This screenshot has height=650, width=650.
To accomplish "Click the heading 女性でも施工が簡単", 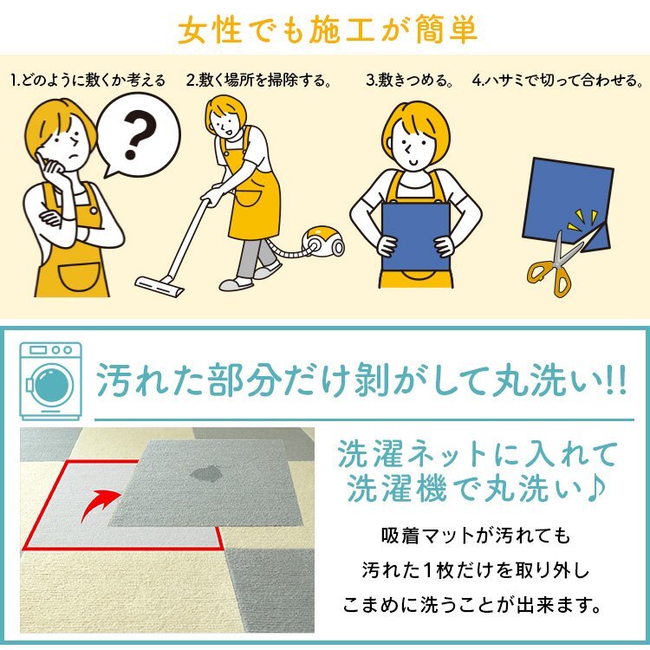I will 326,32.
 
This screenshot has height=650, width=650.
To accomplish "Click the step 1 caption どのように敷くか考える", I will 88,81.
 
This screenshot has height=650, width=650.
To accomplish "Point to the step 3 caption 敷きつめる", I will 411,81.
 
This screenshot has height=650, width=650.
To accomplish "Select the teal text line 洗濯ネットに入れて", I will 478,454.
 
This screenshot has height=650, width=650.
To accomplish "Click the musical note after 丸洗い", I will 604,491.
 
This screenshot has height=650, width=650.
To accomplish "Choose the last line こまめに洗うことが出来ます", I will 476,601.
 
